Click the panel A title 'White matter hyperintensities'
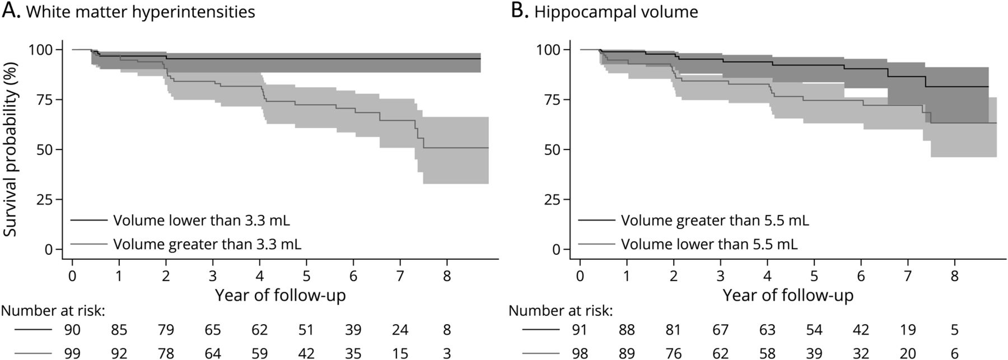click(x=141, y=12)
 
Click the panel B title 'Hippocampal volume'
click(x=616, y=12)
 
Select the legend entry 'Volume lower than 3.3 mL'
click(x=202, y=221)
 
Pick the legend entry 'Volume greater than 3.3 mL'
click(x=207, y=244)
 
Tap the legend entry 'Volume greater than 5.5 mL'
click(x=715, y=221)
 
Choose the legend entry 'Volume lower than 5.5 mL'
click(x=709, y=244)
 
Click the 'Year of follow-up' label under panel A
click(x=280, y=294)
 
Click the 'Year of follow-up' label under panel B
click(x=788, y=294)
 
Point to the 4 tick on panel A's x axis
click(x=259, y=277)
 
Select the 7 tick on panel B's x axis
click(x=908, y=277)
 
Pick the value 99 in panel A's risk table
click(x=73, y=353)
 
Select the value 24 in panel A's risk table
click(x=400, y=330)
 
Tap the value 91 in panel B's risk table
click(x=580, y=330)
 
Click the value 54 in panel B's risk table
click(x=814, y=330)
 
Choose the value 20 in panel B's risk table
click(x=908, y=353)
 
